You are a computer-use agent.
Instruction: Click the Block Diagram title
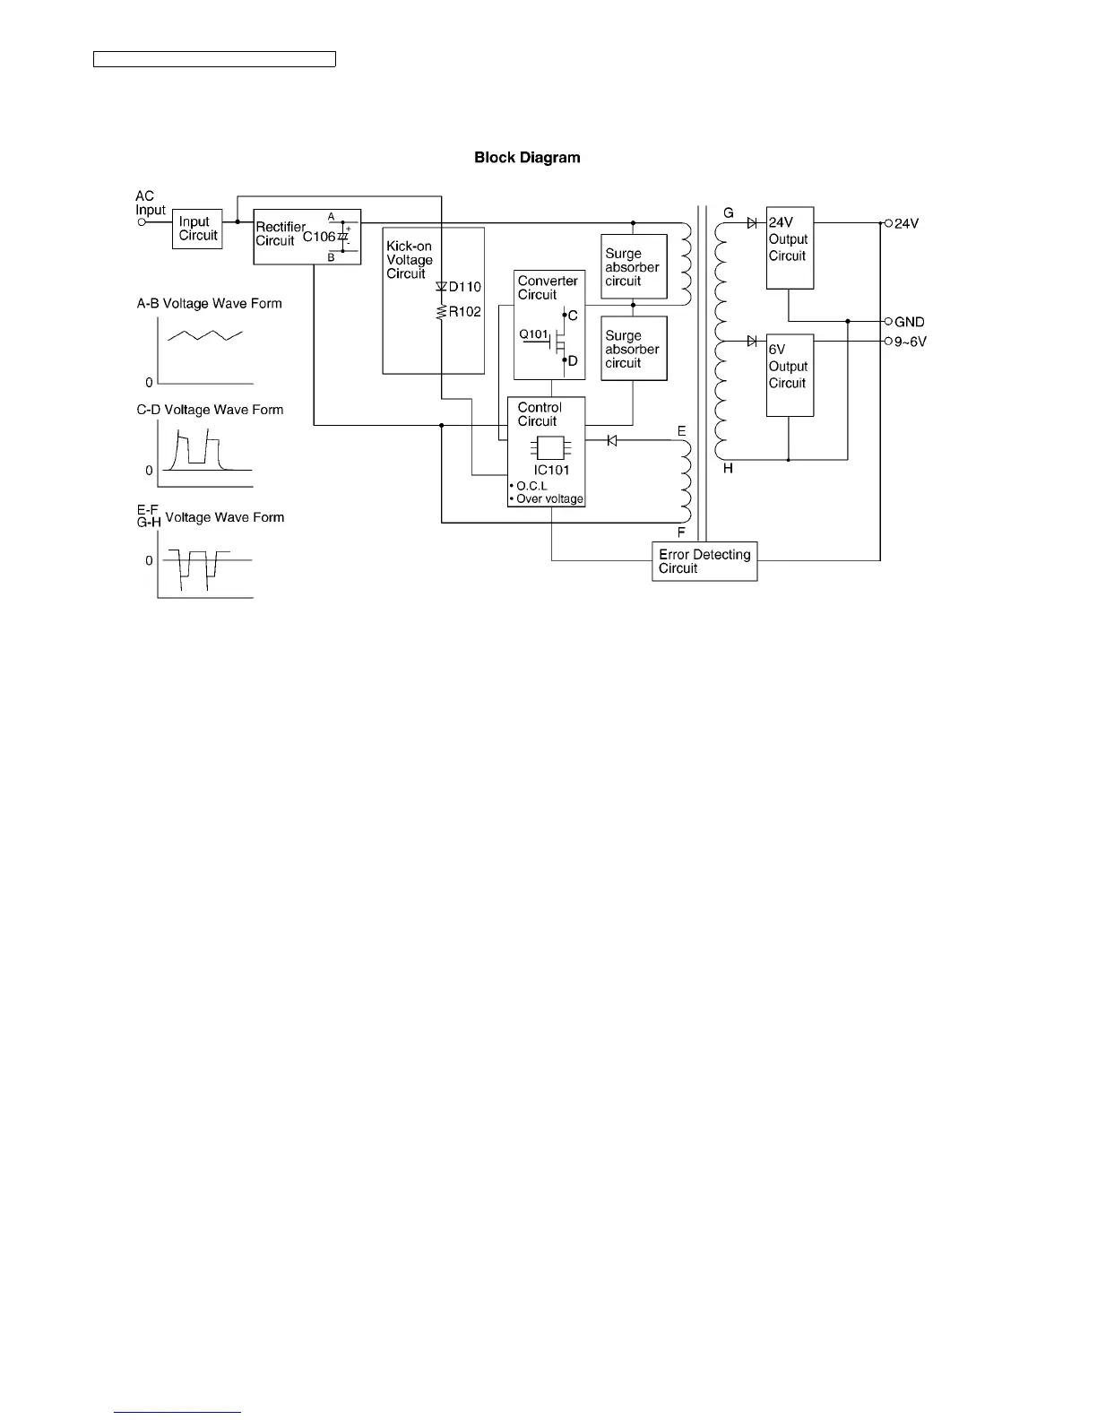click(527, 158)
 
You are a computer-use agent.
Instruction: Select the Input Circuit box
click(197, 229)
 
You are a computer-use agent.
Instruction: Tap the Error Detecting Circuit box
click(704, 561)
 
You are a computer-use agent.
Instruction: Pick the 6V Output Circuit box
click(790, 375)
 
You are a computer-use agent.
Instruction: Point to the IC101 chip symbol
click(545, 449)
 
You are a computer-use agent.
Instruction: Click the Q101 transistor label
click(533, 334)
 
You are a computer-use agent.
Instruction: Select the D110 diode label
click(464, 287)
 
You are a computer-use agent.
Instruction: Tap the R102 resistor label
click(464, 312)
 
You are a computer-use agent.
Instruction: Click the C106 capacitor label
click(318, 237)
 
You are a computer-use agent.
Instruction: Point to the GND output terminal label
click(909, 322)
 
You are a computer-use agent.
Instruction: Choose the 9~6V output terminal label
click(910, 342)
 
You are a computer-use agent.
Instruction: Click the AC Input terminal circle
click(142, 222)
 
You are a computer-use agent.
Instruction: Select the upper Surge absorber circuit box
click(634, 267)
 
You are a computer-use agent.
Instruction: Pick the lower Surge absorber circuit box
click(634, 350)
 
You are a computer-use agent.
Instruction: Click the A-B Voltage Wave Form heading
click(209, 304)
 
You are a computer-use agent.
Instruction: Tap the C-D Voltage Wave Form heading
click(210, 410)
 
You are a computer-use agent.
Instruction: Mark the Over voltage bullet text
click(548, 499)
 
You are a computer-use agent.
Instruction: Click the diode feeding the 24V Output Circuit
click(752, 223)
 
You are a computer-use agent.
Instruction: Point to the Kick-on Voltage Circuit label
click(410, 260)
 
